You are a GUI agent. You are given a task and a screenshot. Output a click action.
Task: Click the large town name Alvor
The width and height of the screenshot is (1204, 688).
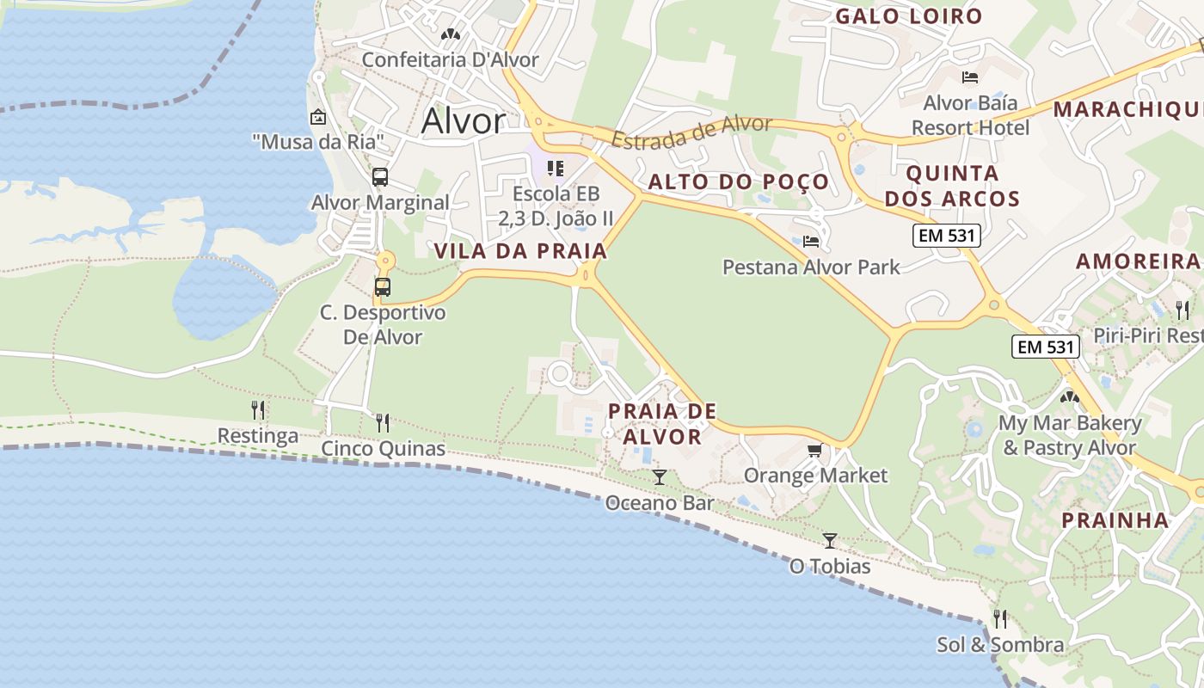tap(463, 121)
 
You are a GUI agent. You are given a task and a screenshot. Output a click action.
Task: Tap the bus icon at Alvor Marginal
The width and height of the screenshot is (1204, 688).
tap(379, 177)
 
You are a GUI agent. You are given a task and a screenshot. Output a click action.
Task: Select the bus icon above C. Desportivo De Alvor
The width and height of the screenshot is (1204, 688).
tap(383, 287)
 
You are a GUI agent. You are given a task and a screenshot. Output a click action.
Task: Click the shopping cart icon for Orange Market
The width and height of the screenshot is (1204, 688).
tap(814, 450)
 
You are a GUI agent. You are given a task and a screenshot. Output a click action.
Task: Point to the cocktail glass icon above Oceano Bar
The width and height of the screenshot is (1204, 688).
tap(660, 476)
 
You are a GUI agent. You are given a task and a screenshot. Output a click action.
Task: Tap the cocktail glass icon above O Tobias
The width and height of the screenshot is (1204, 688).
tap(830, 540)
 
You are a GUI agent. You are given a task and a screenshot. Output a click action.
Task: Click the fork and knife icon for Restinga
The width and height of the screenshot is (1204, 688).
tap(258, 409)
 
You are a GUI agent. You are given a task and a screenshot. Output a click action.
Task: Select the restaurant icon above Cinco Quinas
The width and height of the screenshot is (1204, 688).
tap(383, 422)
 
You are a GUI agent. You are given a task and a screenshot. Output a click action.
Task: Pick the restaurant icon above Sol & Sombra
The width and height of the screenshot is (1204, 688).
tap(1000, 618)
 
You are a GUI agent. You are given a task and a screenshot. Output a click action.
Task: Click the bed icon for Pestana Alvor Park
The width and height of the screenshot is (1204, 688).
tap(810, 242)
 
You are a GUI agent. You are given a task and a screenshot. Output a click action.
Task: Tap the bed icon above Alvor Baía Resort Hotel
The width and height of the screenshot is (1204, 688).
tap(970, 77)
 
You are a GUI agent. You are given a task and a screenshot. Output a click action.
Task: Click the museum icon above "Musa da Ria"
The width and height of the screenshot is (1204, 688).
tap(318, 116)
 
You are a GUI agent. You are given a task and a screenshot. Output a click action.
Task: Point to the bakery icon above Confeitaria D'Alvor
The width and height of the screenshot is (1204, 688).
tap(450, 34)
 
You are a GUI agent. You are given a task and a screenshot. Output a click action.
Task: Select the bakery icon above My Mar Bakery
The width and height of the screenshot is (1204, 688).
tap(1069, 397)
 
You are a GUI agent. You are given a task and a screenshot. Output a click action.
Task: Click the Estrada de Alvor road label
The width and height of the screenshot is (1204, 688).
tap(691, 132)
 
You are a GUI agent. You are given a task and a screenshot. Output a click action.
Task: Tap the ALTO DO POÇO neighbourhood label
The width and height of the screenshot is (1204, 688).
tap(738, 181)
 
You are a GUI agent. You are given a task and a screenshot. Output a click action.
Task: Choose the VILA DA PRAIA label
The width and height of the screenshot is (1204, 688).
tap(520, 251)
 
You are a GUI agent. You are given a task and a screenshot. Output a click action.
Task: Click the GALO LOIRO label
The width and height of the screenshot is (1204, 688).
tap(908, 16)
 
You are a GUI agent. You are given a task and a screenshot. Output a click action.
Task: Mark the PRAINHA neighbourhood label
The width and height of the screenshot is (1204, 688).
tap(1115, 520)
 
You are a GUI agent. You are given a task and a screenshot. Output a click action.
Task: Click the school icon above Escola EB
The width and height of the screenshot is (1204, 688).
tap(556, 168)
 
